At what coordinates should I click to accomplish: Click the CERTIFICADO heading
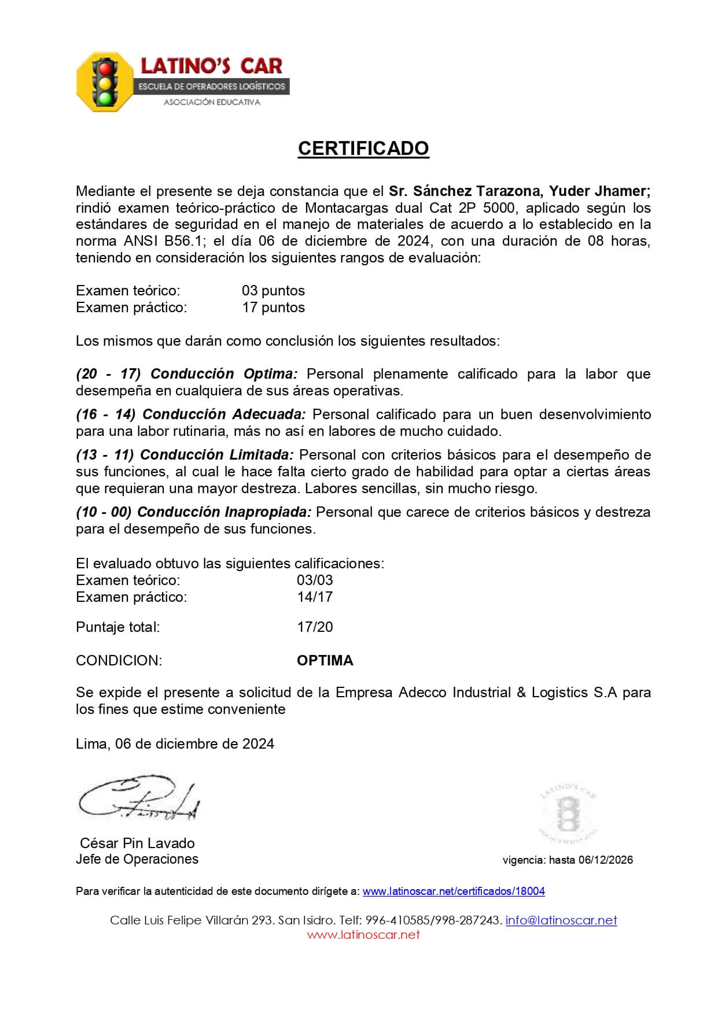(363, 149)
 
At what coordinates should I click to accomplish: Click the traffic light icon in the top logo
(105, 83)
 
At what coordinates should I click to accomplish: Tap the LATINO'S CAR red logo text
(211, 66)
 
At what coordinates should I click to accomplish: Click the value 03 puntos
(273, 291)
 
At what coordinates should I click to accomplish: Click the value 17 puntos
(273, 308)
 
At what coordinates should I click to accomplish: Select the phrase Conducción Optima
(224, 374)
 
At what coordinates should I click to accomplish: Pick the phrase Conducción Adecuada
(224, 415)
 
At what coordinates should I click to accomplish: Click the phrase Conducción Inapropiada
(224, 512)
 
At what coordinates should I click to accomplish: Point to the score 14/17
(315, 597)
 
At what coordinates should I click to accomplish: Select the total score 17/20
(315, 627)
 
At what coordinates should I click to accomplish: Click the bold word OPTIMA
(325, 661)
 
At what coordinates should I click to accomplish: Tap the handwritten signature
(139, 800)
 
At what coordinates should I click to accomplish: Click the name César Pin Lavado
(137, 843)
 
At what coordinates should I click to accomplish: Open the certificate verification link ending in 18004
(454, 891)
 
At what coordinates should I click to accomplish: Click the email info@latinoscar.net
(561, 920)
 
